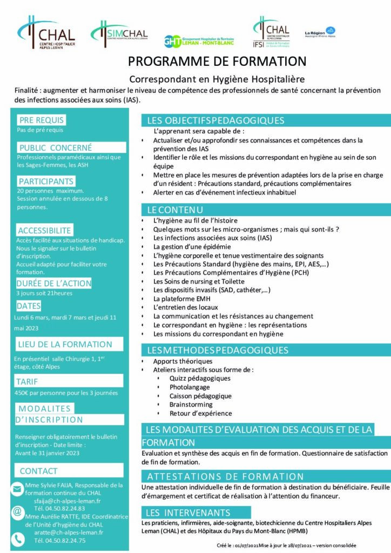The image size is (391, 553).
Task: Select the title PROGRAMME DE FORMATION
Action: coord(217,61)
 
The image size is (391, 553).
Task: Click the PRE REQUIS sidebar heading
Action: coord(42,120)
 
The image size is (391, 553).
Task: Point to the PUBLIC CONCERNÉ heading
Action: coord(56,147)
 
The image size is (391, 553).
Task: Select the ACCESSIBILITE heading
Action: coord(44,231)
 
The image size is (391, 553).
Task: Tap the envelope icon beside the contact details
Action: coord(17,489)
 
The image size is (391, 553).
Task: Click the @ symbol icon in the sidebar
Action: coord(17,511)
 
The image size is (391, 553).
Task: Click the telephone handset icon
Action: coord(17,538)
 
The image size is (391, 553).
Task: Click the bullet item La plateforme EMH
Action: coord(182,299)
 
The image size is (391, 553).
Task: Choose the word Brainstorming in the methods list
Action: coord(191,404)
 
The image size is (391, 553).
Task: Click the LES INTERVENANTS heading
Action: coord(188,512)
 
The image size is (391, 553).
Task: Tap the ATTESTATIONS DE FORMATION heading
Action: coord(225,477)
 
